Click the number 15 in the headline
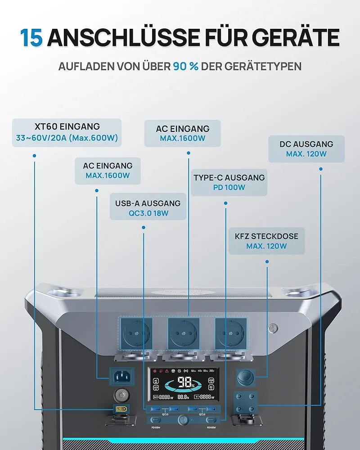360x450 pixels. [31, 38]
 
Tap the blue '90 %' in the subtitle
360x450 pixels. [185, 66]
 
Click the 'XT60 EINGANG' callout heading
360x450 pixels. [67, 126]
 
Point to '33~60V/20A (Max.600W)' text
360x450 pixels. [67, 138]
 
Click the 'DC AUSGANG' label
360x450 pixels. [306, 144]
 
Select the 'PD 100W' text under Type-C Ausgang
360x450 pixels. [229, 187]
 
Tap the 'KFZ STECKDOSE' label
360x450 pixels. [266, 236]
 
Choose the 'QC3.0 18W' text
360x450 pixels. [148, 213]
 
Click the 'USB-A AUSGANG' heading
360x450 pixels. [148, 203]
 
